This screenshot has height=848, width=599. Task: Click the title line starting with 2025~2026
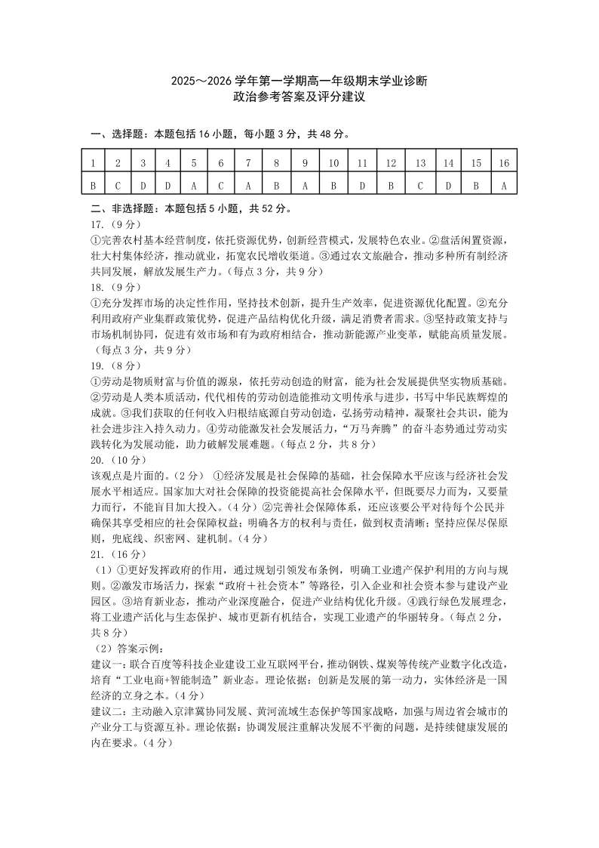299,82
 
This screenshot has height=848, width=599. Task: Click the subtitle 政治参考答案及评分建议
299,97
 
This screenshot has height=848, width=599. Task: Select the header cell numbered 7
247,162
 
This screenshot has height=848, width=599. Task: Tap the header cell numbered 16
503,162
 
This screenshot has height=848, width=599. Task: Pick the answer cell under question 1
93,183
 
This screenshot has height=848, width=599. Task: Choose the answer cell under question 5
194,183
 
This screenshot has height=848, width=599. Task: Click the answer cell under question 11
362,183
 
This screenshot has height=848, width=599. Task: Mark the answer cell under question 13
420,183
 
